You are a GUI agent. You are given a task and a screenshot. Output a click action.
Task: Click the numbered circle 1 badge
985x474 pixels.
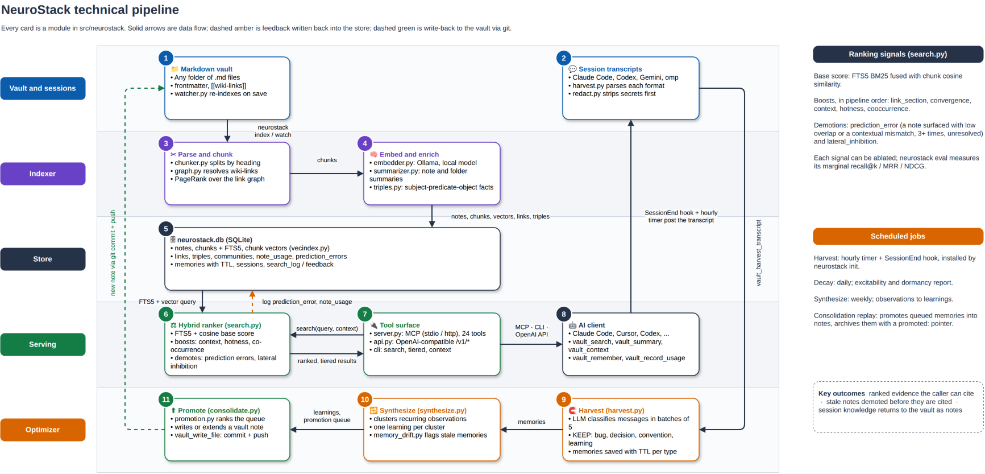point(166,58)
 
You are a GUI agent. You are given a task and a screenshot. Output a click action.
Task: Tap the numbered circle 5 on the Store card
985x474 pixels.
point(166,229)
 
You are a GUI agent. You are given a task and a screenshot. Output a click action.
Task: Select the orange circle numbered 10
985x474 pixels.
point(365,399)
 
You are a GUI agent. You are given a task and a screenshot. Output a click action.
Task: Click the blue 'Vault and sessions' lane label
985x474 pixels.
point(43,88)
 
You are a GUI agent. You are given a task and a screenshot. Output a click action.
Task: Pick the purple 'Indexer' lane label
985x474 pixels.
point(43,174)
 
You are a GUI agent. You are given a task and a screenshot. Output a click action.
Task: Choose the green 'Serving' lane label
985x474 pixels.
point(43,344)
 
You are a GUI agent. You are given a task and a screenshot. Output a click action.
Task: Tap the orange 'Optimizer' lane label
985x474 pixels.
point(43,430)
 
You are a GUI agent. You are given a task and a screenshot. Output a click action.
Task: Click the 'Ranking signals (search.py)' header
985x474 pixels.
point(898,54)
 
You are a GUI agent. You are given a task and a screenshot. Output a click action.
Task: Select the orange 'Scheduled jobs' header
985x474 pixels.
point(898,236)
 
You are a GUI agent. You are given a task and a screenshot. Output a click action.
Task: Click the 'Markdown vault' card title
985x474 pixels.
point(206,69)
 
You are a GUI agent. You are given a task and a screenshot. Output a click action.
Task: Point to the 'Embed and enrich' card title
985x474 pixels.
point(409,154)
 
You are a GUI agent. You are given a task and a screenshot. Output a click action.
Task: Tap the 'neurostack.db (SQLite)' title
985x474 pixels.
point(214,240)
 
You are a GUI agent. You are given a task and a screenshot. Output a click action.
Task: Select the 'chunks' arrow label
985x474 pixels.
point(327,160)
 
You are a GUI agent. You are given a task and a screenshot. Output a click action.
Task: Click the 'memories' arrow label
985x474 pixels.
point(531,422)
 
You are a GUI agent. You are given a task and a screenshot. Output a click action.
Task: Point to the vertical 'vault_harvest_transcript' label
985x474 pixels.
point(758,253)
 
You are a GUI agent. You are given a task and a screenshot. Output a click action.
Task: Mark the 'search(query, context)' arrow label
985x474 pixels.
point(327,328)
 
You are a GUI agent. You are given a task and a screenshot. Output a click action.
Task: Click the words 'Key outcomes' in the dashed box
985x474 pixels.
point(842,393)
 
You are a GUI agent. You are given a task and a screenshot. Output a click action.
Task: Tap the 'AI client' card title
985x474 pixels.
point(592,325)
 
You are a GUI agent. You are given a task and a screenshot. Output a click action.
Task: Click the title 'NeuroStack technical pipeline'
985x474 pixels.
point(90,10)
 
